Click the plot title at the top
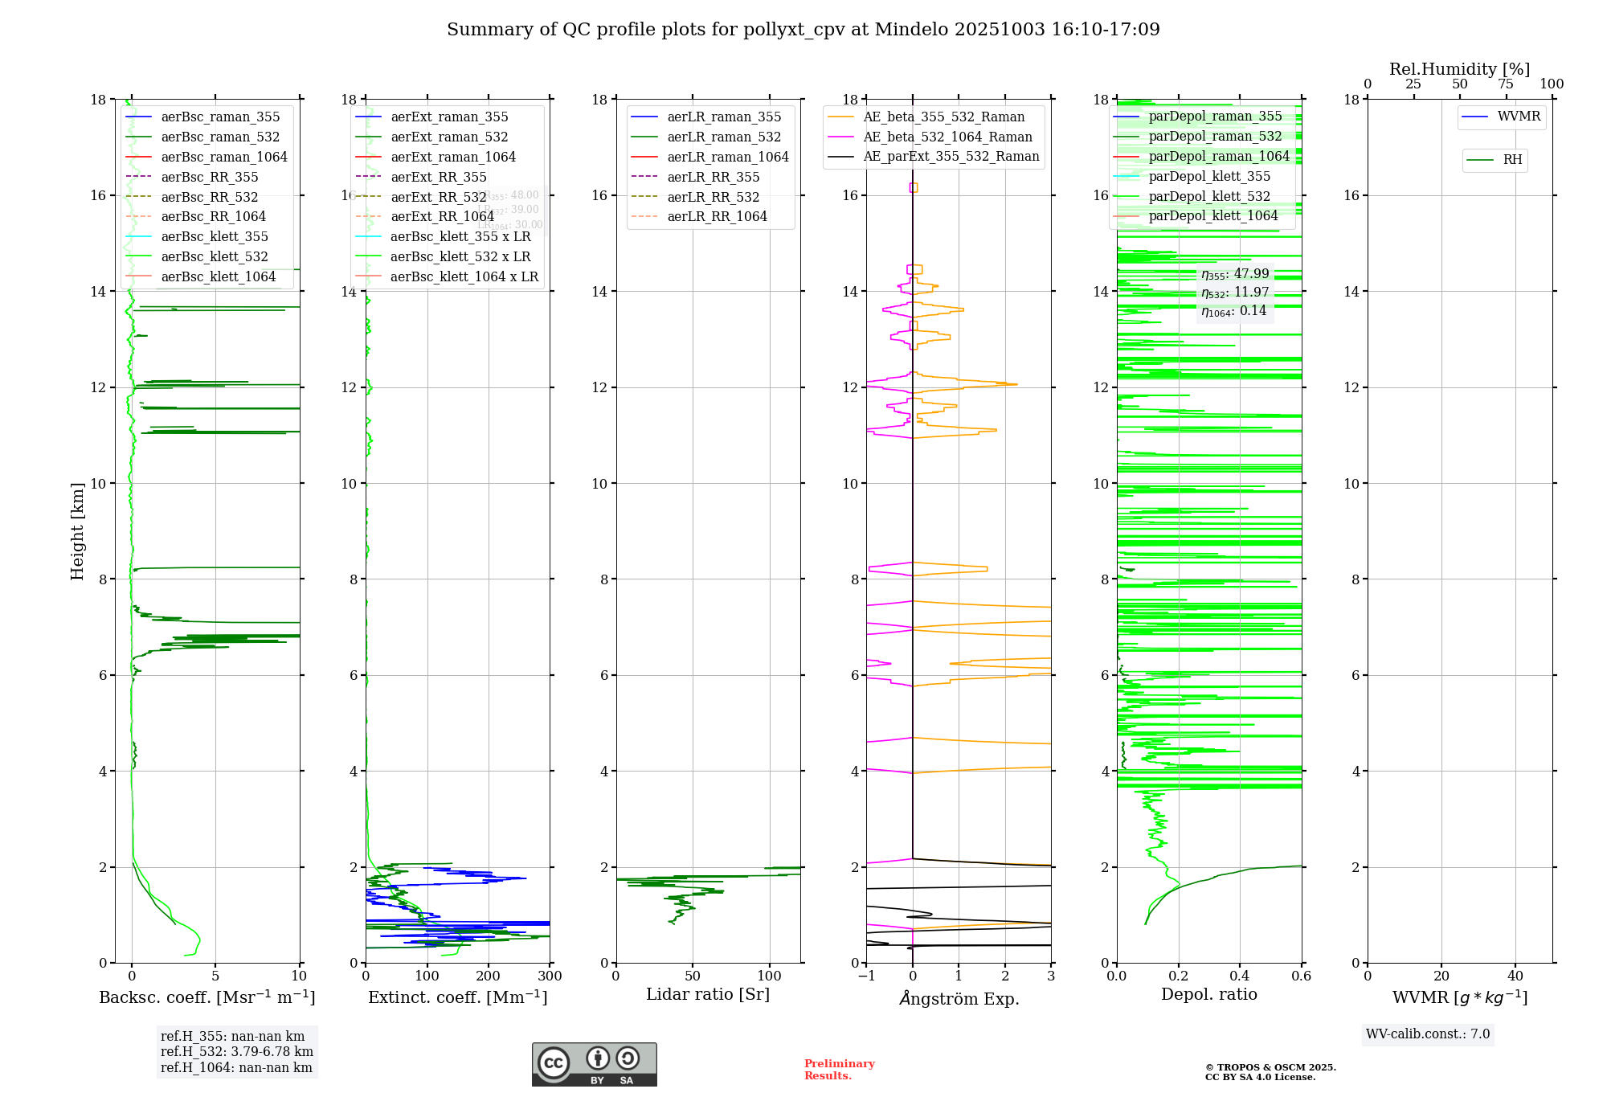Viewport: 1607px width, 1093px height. [x=803, y=30]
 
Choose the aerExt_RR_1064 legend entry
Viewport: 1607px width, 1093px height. [x=442, y=217]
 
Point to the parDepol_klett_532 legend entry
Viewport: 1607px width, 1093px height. [x=1208, y=197]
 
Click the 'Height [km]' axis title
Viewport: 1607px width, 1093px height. [x=77, y=531]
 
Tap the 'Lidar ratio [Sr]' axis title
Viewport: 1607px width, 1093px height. [x=707, y=995]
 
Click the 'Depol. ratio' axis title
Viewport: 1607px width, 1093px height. [x=1208, y=995]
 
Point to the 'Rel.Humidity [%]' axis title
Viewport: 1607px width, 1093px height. [x=1459, y=70]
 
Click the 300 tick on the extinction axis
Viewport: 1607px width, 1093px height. [x=550, y=976]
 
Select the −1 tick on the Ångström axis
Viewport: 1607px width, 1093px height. [x=865, y=976]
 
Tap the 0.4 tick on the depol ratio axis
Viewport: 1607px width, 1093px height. [x=1240, y=976]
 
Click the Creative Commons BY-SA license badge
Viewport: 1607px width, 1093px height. [x=594, y=1065]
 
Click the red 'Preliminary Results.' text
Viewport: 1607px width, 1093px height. [x=839, y=1070]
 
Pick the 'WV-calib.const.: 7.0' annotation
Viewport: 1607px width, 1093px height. [x=1428, y=1034]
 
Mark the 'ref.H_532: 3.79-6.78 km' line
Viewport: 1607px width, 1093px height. [x=236, y=1052]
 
